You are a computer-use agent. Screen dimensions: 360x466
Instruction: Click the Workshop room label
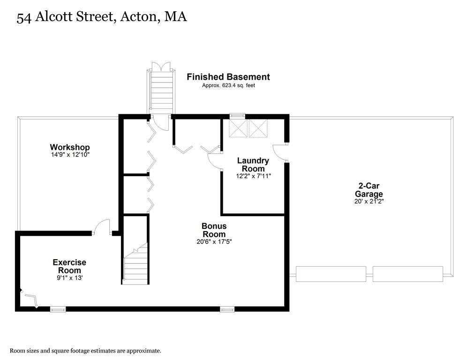70,147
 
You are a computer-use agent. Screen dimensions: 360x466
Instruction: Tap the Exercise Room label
69,266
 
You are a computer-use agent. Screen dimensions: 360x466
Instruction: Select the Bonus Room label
214,230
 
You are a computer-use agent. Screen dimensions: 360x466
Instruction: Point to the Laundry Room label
253,164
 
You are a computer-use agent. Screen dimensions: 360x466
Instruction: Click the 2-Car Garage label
368,189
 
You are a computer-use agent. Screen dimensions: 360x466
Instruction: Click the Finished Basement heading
228,77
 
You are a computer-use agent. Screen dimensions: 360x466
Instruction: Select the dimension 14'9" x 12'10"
70,155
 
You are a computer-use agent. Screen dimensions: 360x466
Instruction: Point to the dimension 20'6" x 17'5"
214,242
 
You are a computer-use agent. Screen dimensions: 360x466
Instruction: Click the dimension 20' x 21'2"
369,202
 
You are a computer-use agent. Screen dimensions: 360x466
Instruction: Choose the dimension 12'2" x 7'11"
253,176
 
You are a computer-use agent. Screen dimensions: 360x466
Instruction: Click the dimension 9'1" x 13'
69,278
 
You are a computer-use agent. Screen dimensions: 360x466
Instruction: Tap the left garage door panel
331,274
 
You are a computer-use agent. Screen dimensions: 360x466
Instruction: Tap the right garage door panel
407,274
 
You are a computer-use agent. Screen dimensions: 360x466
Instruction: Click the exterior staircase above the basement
160,92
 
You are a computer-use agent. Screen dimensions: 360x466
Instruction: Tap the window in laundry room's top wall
238,116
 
